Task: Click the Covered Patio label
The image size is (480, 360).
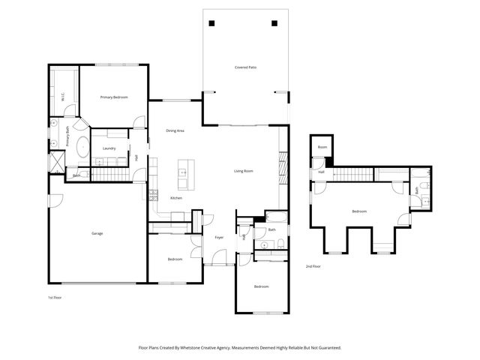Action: tap(246, 67)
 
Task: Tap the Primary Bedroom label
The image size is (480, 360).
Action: tap(114, 97)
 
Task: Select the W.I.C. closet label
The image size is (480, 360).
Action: tap(63, 96)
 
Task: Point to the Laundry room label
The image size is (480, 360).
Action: tap(109, 148)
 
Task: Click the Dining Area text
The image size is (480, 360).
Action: tap(175, 131)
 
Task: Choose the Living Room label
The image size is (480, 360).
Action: tap(243, 171)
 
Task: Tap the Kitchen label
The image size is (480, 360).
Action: tap(175, 198)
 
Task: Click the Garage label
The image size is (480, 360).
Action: tap(97, 234)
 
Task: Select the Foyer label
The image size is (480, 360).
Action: tap(219, 238)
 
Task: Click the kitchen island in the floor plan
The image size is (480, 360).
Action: tap(183, 174)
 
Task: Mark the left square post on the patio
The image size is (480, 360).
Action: tap(213, 22)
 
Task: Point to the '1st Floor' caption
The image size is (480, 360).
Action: tap(55, 298)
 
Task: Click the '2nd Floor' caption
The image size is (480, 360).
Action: tap(313, 266)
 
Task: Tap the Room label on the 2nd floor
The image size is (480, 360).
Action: tap(322, 147)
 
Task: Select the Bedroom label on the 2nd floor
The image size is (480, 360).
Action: tap(359, 211)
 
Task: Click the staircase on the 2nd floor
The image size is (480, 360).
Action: tap(353, 175)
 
